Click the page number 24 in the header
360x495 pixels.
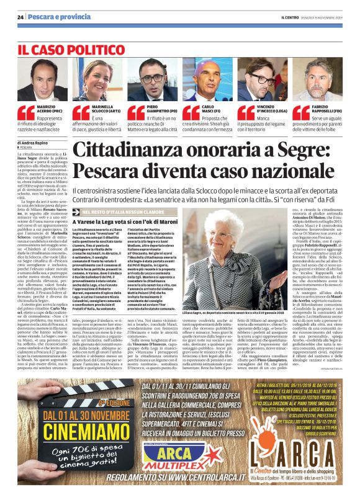(x=20, y=17)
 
